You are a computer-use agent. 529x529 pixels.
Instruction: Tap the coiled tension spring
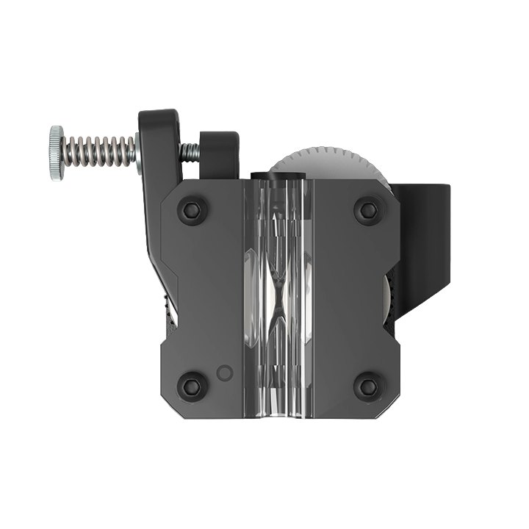point(99,152)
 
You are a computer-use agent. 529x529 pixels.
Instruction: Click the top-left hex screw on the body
point(192,210)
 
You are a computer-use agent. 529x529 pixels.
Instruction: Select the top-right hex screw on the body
point(368,210)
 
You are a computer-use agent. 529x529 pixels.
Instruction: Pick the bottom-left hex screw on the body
point(192,385)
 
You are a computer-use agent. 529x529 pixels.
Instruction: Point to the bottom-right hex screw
point(368,385)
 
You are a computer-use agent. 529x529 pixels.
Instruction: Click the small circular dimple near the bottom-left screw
point(226,373)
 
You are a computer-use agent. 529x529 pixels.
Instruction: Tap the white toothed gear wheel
point(331,163)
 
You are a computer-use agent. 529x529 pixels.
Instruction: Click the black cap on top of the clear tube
point(277,174)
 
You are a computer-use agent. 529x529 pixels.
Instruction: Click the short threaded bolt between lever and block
point(190,152)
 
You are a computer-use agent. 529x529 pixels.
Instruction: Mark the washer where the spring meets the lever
point(136,152)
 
